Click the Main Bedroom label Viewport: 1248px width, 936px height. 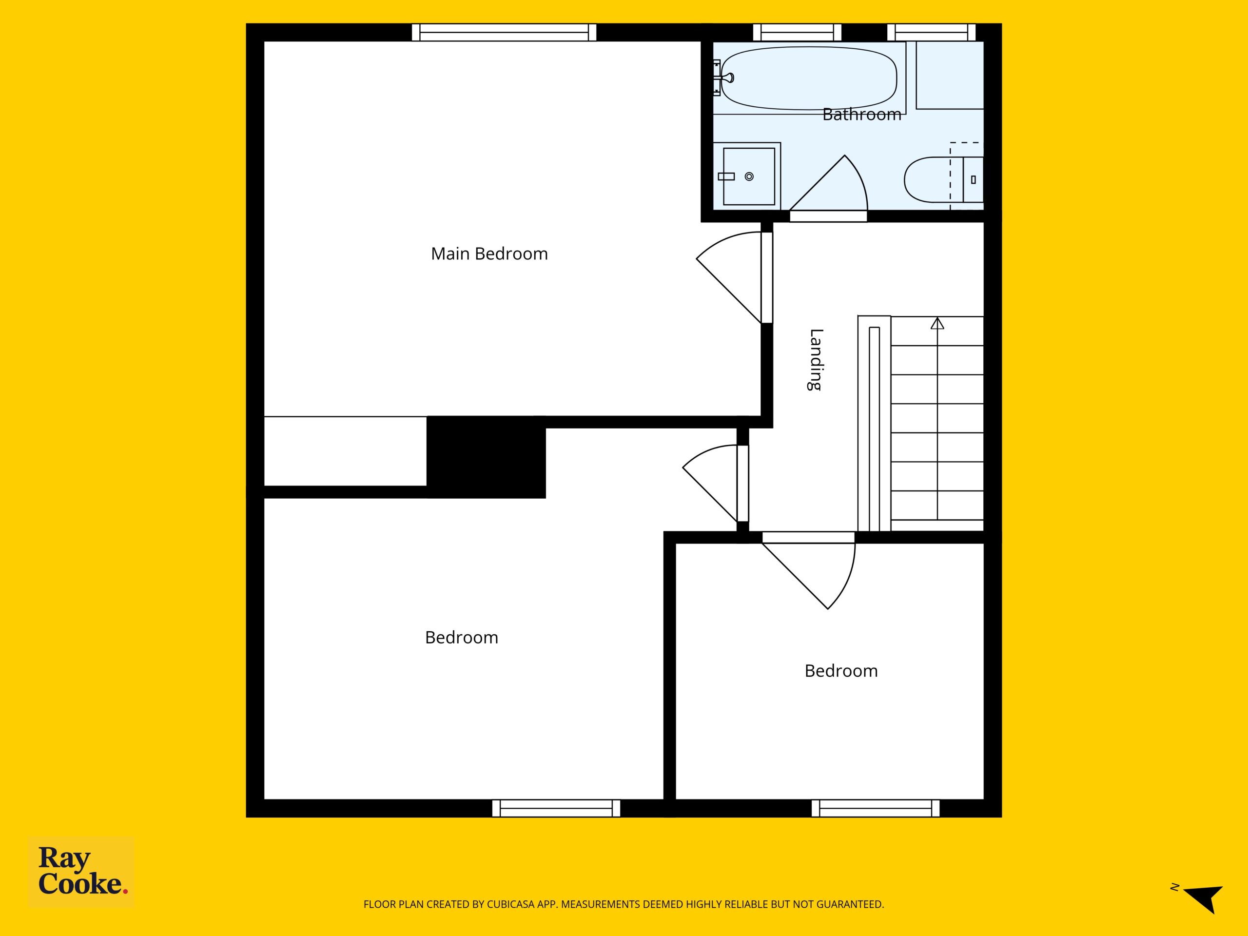(489, 254)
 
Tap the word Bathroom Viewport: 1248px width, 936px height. (861, 115)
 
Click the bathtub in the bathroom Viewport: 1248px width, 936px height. (808, 78)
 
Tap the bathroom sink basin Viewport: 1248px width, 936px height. (749, 176)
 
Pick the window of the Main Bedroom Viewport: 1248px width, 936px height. (504, 32)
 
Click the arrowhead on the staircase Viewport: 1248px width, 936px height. (937, 323)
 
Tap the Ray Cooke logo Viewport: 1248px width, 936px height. (82, 871)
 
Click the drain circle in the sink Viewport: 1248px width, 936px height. (749, 176)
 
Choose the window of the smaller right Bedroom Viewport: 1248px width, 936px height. (876, 808)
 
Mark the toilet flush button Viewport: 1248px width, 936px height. (973, 180)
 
